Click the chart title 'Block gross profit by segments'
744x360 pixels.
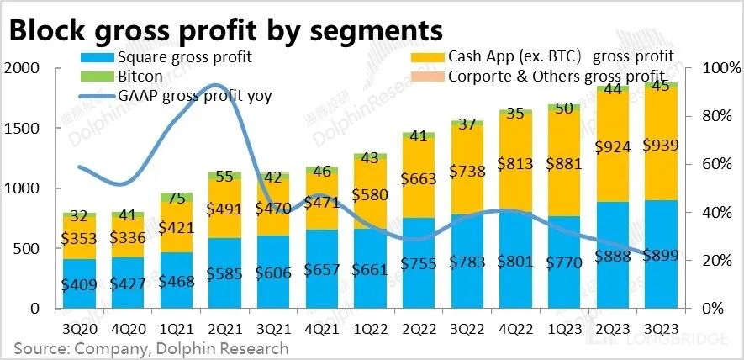click(x=225, y=30)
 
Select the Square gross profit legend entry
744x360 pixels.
click(x=184, y=58)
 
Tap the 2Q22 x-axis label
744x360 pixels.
click(x=419, y=326)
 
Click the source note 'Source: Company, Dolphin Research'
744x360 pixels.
click(x=150, y=348)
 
